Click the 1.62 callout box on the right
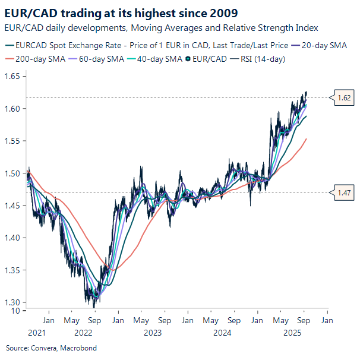pos(344,98)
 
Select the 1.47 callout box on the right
pos(344,192)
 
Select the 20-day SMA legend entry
pos(324,45)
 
